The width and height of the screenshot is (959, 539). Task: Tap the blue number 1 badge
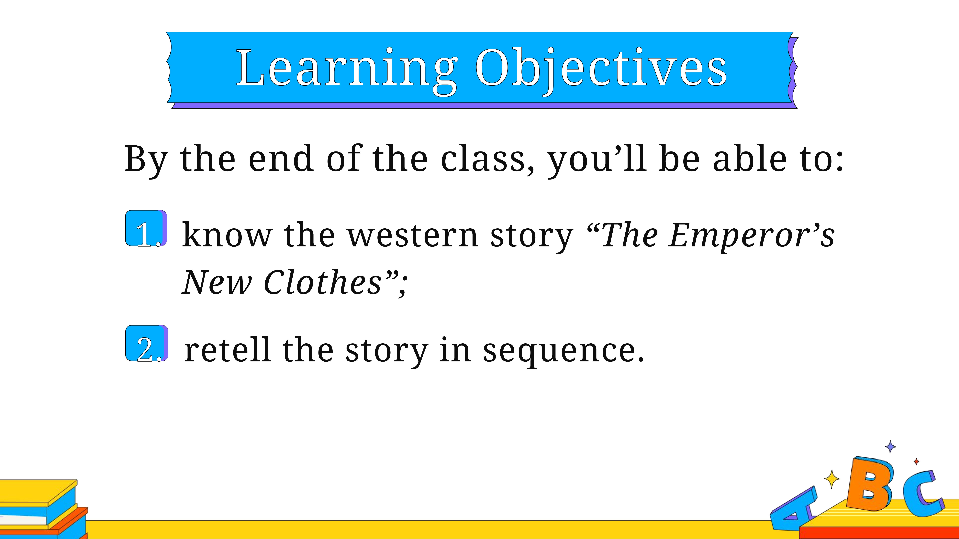point(146,228)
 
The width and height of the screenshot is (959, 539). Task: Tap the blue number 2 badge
point(147,343)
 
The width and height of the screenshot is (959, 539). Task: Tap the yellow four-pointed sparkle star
point(832,479)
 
